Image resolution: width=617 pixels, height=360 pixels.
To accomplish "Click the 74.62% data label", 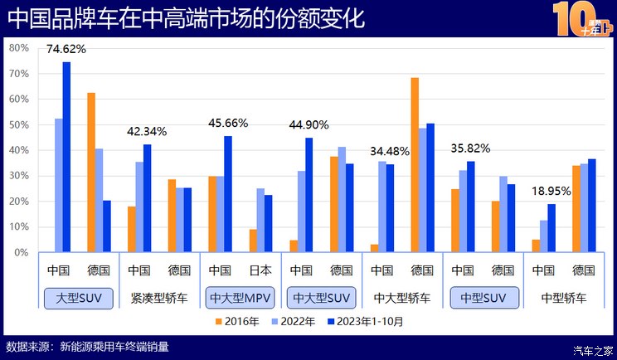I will coord(66,49).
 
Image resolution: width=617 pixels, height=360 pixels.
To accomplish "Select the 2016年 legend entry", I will coord(239,320).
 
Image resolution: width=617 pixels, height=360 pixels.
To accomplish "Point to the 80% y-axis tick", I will coord(18,48).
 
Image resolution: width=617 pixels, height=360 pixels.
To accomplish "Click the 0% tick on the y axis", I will coord(22,253).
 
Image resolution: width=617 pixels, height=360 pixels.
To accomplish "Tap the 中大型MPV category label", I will coord(241,297).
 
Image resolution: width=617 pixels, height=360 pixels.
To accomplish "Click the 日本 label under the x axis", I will coord(261,270).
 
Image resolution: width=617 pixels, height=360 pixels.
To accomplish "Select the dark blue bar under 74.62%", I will coord(67,157).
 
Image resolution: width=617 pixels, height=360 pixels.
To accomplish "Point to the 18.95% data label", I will coord(552,190).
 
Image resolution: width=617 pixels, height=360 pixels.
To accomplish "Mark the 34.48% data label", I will coord(391,151).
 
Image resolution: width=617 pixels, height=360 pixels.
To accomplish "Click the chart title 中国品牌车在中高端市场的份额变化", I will coord(186,18).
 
